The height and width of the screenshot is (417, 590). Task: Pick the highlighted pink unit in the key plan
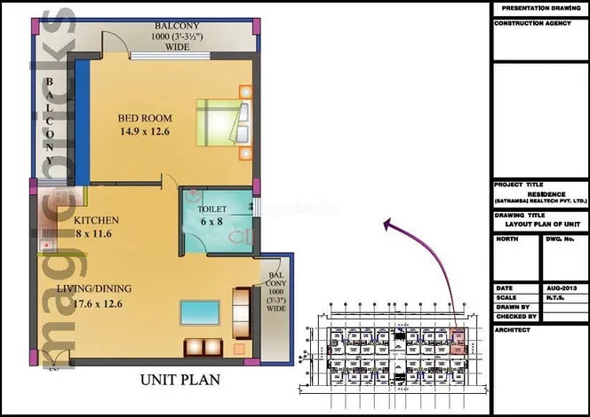[x=459, y=342]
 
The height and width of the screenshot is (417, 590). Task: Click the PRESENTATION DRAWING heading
[x=539, y=8]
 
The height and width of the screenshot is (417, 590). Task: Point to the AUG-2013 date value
[x=563, y=288]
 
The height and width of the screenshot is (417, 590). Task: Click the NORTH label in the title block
[x=507, y=239]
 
